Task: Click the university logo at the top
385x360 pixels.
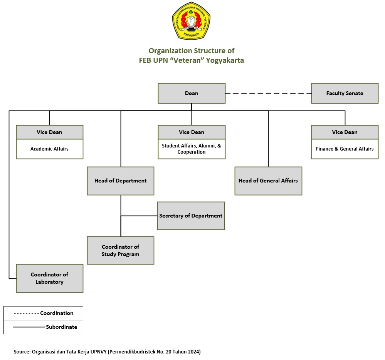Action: [191, 21]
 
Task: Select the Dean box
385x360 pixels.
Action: [192, 93]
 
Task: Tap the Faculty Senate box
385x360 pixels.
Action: [345, 93]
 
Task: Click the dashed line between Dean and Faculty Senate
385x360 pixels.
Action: [268, 93]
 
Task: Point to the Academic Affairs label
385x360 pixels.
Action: [49, 149]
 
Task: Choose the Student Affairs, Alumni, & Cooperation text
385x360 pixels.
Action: [192, 149]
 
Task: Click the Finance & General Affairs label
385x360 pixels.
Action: [345, 149]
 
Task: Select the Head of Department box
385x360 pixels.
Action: [120, 181]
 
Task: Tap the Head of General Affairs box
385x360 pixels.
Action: [268, 181]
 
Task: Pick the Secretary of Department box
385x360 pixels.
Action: [191, 216]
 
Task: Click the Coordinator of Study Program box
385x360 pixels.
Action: [120, 250]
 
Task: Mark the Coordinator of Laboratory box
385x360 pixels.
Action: [49, 278]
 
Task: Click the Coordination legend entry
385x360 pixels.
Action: [57, 313]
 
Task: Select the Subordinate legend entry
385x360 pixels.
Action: [61, 327]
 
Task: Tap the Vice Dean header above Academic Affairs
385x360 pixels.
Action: [49, 132]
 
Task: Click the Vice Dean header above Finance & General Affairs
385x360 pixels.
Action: [345, 132]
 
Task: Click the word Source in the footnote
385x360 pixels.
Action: [22, 352]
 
